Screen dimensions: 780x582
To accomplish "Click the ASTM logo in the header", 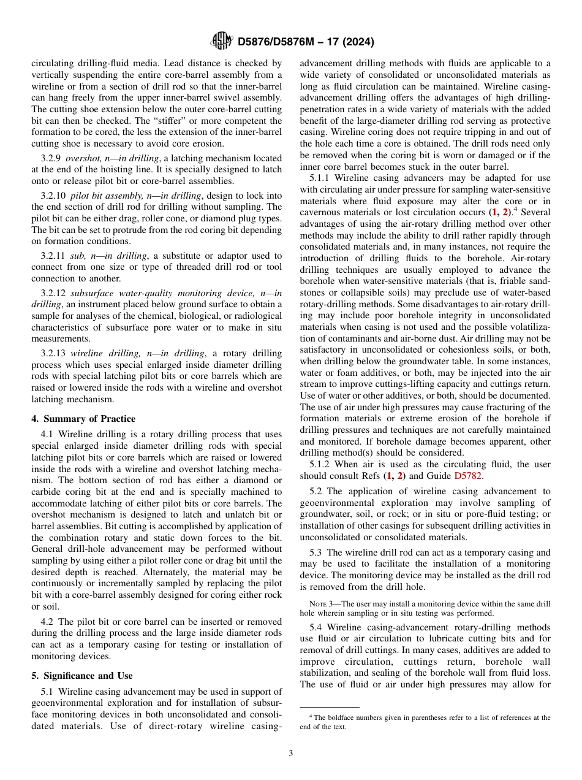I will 221,42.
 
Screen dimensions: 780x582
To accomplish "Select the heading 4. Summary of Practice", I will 83,419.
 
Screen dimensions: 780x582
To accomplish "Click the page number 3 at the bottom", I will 291,754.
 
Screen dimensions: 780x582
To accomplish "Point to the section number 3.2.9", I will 51,158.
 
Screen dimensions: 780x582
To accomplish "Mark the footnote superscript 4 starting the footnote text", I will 311,716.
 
